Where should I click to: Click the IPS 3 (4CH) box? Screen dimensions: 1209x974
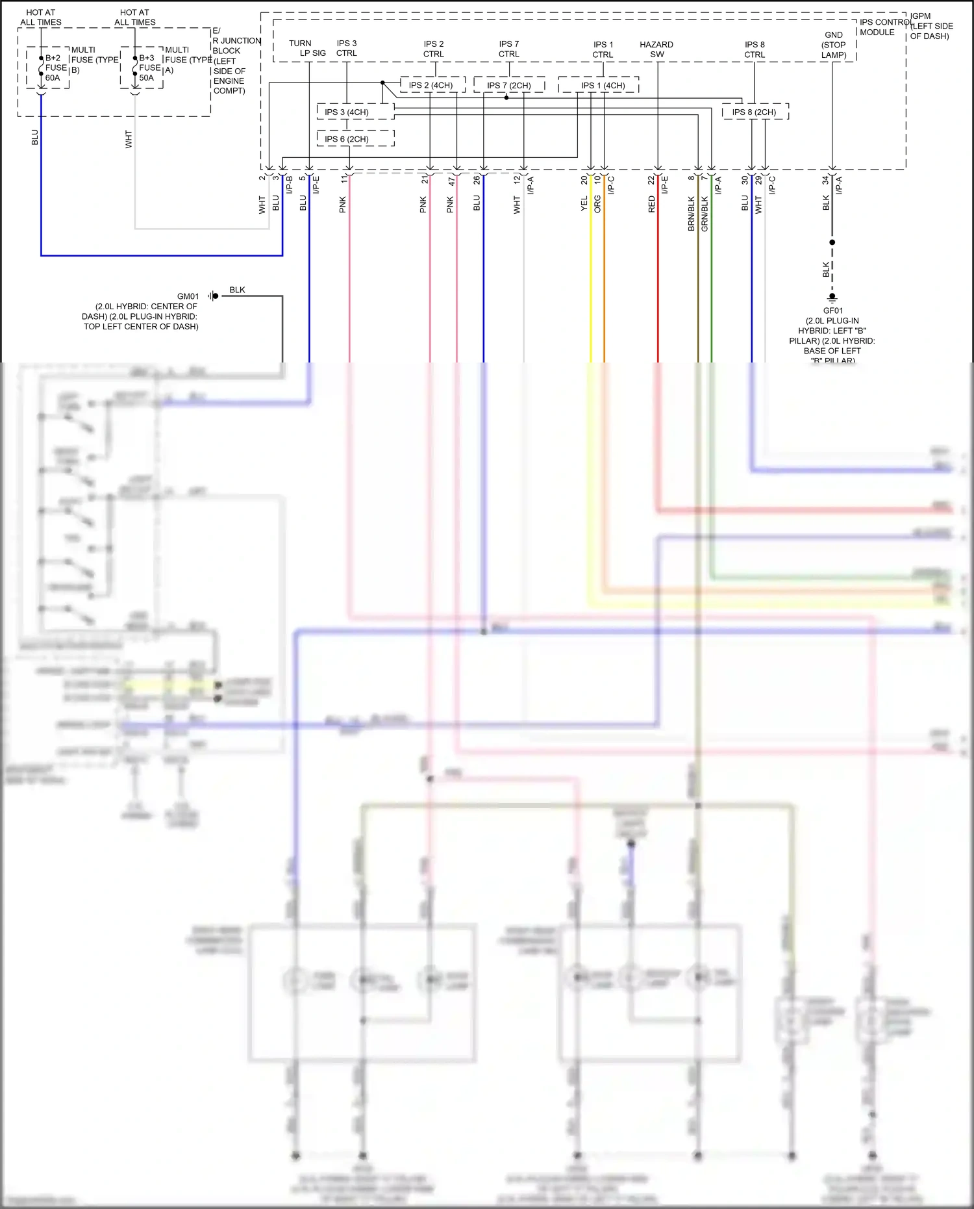click(356, 112)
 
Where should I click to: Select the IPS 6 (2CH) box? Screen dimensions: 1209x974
click(356, 139)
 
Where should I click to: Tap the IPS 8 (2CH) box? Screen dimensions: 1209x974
click(755, 112)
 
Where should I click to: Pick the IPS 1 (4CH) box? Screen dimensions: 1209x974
click(603, 85)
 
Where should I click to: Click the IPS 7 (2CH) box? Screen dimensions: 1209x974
click(509, 85)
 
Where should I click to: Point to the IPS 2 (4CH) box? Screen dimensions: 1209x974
click(431, 85)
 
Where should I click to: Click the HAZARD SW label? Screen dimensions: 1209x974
click(656, 49)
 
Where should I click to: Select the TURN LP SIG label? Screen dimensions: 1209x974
click(307, 48)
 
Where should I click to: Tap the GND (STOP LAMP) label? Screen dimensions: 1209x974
click(834, 45)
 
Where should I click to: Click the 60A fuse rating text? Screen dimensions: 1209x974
click(53, 78)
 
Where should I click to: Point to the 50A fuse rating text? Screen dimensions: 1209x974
click(147, 78)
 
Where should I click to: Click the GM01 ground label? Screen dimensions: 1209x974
click(188, 296)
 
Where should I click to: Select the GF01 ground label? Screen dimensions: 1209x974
click(833, 311)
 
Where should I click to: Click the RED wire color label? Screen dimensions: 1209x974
click(651, 205)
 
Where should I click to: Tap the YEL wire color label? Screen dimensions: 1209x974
click(584, 204)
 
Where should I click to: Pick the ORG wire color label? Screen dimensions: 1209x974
click(597, 204)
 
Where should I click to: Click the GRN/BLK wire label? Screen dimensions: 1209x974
click(705, 214)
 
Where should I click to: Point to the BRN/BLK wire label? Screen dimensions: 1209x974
click(691, 214)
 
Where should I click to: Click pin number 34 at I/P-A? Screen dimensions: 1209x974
click(825, 180)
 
